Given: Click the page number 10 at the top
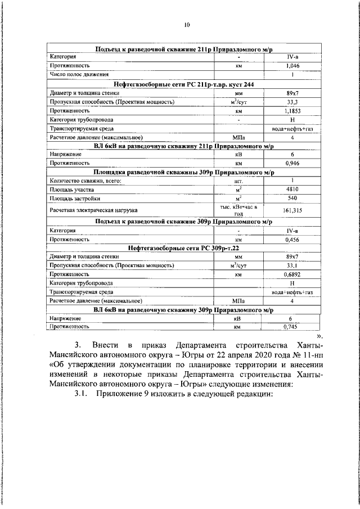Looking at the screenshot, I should (187, 25).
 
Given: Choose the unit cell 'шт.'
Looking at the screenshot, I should (238, 181).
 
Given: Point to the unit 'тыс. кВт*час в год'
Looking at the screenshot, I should (238, 210).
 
